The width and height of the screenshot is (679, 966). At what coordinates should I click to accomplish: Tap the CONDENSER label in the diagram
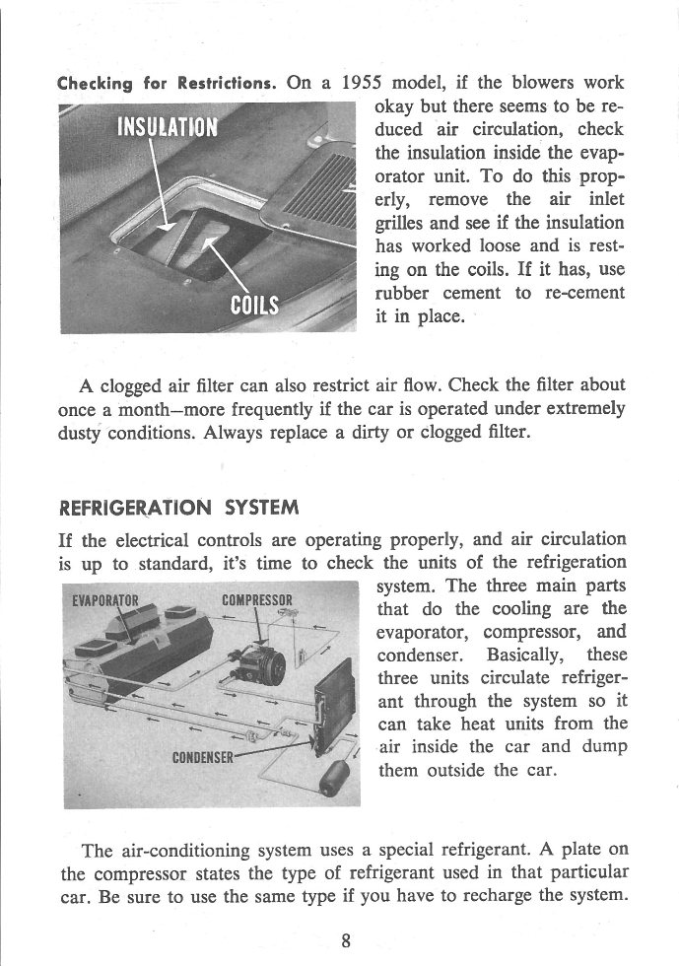(203, 757)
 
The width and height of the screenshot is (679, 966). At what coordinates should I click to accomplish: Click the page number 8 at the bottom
(346, 939)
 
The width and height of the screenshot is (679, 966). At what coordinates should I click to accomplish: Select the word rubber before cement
(407, 294)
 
